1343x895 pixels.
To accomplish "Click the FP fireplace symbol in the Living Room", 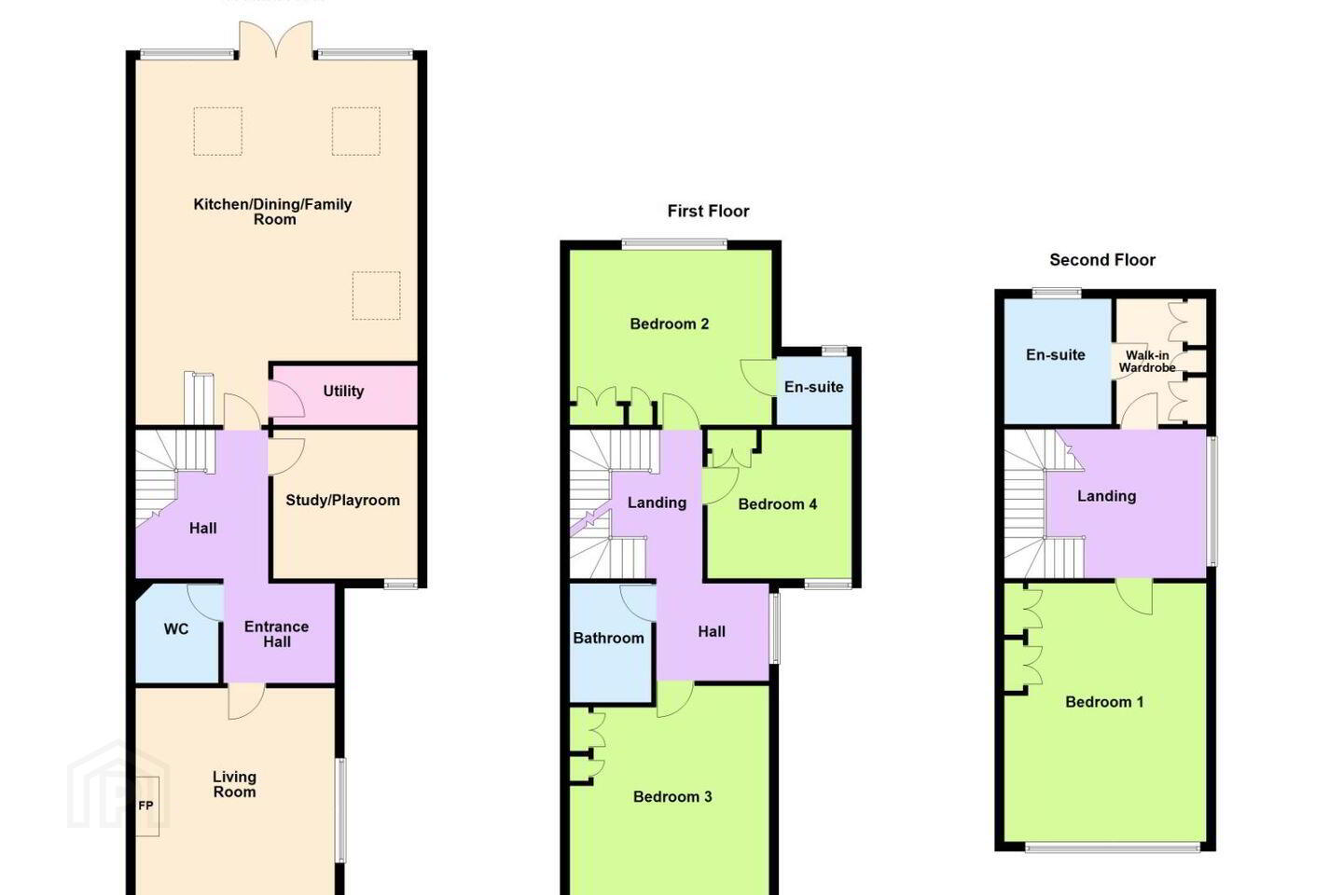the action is coord(146,806).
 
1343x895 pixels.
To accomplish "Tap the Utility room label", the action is coord(343,392).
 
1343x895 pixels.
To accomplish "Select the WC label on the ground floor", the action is coord(176,629).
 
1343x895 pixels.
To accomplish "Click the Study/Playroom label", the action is coord(342,501).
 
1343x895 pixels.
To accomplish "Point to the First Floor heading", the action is coord(708,211).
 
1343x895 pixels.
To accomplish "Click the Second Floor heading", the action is coord(1102,259).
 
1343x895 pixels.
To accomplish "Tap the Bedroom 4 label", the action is coord(777,504).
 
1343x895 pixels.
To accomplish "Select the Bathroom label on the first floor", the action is coord(608,638).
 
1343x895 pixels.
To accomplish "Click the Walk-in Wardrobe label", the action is coord(1147,362).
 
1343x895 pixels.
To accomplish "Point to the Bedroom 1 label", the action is coord(1104,702).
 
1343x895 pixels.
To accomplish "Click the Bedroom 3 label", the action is coord(672,797).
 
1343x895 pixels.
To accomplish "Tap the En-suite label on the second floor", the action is coord(1055,355).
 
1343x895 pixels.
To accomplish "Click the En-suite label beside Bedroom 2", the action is coord(813,387).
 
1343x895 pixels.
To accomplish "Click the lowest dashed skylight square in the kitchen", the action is coord(377,296).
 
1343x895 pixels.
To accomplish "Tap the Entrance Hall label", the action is coord(276,634).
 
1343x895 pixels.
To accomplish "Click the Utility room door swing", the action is coord(286,399).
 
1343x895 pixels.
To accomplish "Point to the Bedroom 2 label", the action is coord(669,324).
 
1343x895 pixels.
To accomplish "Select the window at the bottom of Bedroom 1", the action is coord(1113,847).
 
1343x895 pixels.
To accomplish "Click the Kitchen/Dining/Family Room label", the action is coord(272,212).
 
